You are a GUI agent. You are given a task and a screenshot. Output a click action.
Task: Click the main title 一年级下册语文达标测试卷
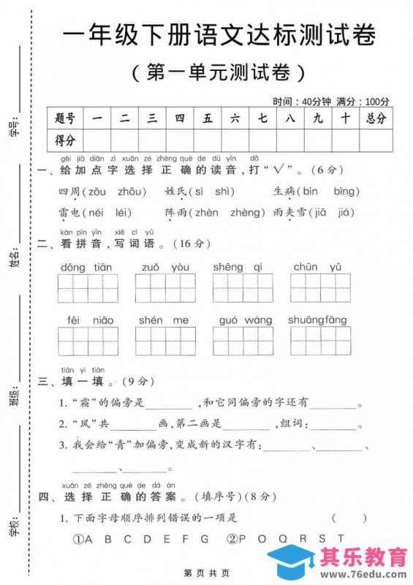tap(220, 35)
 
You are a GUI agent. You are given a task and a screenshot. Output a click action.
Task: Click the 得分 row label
tap(65, 140)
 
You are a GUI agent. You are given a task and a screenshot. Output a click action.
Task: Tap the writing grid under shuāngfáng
tap(320, 340)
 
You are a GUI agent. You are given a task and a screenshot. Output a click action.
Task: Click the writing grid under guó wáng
tap(243, 340)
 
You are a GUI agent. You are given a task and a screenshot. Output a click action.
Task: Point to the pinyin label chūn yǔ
tap(318, 268)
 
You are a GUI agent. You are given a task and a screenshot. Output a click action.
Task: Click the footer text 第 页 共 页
tap(206, 573)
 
